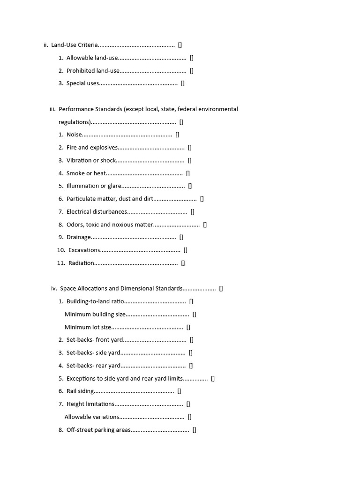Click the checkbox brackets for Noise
tap(177, 135)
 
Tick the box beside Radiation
tap(183, 263)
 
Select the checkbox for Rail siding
tap(179, 391)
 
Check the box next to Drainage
tap(181, 237)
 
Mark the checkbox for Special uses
tap(183, 83)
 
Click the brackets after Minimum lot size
tap(188, 327)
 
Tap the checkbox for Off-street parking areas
tap(195, 429)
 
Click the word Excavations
tap(84, 250)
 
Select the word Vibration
tap(79, 160)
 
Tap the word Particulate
tap(82, 199)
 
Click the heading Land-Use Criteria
tap(75, 45)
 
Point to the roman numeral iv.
tap(54, 289)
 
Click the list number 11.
tap(61, 263)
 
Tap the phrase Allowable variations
tap(92, 417)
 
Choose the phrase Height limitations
tap(90, 404)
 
